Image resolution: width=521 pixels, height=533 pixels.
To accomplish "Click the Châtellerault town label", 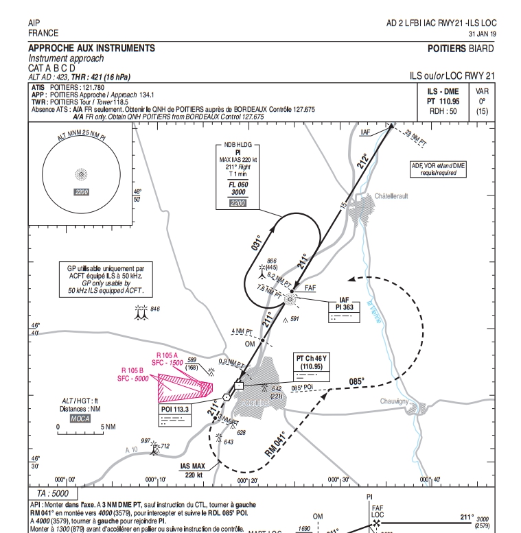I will click(391, 196).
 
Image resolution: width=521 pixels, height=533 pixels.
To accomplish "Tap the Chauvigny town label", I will click(396, 401).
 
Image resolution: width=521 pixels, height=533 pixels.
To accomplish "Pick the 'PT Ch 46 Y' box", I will click(312, 367).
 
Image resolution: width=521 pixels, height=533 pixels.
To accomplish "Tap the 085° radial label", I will click(356, 382).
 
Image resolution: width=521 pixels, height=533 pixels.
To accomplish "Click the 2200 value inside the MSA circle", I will click(82, 191).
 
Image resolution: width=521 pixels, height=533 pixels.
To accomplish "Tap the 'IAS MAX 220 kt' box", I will click(192, 471).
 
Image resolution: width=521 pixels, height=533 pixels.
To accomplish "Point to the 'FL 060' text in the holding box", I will click(238, 185).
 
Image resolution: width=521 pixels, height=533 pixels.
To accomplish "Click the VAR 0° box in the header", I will click(481, 101).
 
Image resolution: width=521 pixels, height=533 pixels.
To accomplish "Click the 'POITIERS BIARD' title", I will click(460, 49).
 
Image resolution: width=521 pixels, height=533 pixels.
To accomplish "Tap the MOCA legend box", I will click(80, 418).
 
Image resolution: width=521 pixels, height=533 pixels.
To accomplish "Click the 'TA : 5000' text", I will click(52, 493).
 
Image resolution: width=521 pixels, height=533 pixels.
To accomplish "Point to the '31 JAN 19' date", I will click(481, 33).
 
